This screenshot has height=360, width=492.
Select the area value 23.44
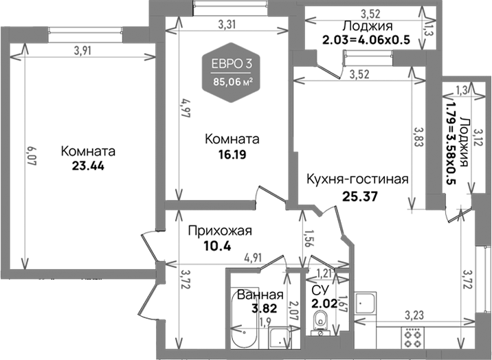click(87, 166)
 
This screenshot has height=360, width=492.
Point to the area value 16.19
click(232, 154)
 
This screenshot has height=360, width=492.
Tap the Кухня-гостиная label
click(357, 179)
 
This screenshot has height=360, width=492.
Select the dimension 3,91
click(85, 49)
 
